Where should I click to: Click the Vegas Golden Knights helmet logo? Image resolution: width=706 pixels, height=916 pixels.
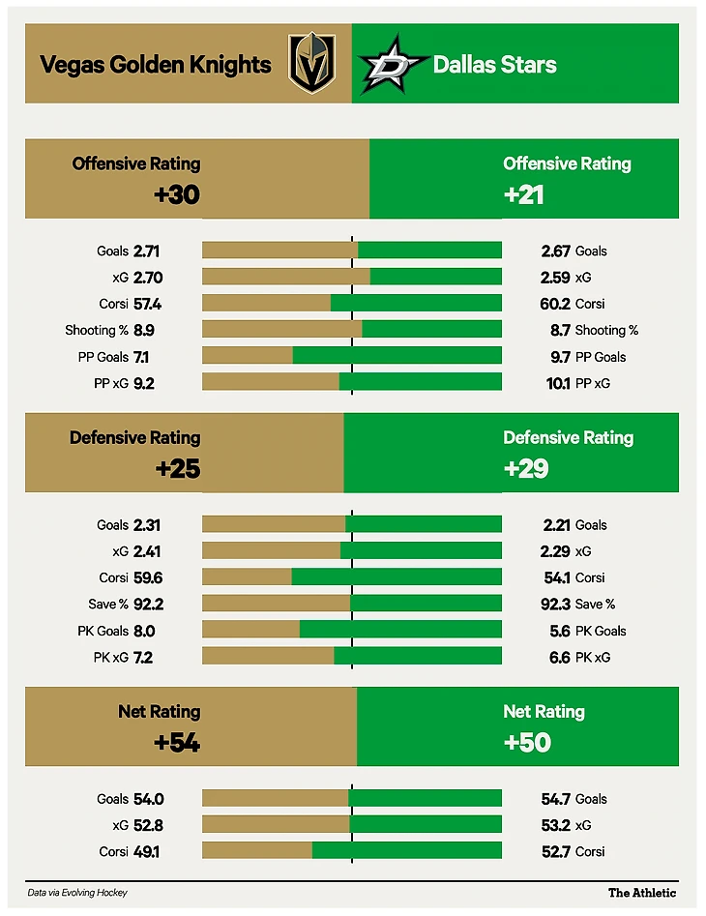pos(312,64)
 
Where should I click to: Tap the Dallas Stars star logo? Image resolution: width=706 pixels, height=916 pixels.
pos(391,65)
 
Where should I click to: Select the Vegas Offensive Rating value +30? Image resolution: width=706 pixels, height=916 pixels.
pos(176,194)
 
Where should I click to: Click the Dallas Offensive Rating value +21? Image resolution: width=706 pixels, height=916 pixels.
pos(524,194)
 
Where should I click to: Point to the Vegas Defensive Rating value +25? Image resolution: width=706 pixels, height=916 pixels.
pos(177,469)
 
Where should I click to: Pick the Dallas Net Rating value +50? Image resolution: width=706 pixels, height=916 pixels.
pos(526,743)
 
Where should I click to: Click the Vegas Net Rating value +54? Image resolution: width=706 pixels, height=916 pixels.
pos(176,743)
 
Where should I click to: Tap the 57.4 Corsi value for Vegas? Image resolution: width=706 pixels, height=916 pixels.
pos(147,304)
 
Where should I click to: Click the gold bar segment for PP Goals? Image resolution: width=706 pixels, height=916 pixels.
pos(247,356)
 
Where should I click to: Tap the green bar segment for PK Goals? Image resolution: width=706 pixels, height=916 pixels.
pos(400,630)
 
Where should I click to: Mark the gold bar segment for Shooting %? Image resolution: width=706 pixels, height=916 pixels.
pos(281,329)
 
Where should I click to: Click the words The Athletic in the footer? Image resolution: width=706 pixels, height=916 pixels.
pos(642,893)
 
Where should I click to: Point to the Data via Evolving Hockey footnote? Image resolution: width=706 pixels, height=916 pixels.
pos(77,893)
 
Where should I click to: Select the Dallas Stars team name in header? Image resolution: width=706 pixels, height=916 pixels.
pos(494,65)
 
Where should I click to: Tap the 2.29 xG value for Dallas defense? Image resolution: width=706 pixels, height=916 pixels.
pos(556,551)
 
